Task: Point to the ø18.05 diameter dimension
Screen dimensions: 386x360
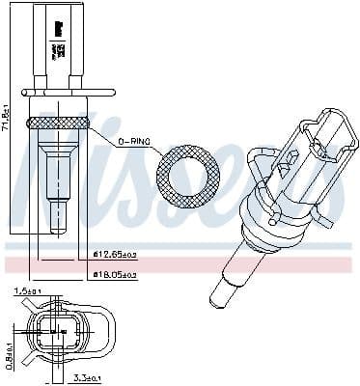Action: [113, 275]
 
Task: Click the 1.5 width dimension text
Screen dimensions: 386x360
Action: [28, 290]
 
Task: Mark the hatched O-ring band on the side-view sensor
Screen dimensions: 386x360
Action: [59, 123]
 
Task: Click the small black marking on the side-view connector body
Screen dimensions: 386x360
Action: [55, 28]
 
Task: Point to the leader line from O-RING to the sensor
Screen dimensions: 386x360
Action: [105, 134]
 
